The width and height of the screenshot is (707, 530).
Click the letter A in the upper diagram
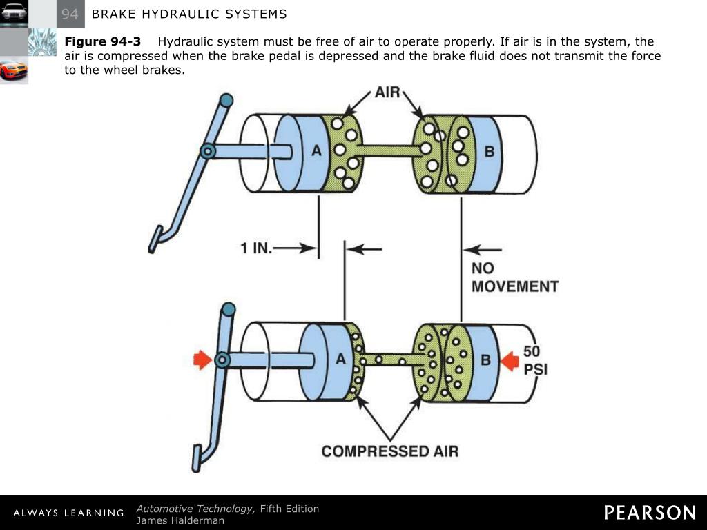click(x=317, y=152)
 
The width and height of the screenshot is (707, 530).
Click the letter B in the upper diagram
click(x=489, y=152)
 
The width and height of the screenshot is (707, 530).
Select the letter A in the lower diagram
click(x=340, y=359)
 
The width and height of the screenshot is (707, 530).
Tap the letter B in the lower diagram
click(x=485, y=360)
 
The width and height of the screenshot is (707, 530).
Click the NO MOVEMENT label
click(x=514, y=277)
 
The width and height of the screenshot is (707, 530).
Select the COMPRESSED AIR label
click(x=390, y=451)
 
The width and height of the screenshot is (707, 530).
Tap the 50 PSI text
click(x=535, y=360)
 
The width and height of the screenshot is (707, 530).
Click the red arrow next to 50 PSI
click(x=510, y=360)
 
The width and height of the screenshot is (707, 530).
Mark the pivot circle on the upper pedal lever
click(x=207, y=151)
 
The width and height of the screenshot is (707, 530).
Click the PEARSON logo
click(x=650, y=513)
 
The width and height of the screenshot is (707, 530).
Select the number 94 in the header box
click(x=70, y=14)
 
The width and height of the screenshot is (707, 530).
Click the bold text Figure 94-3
click(x=102, y=42)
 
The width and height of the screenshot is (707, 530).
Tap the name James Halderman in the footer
click(x=180, y=520)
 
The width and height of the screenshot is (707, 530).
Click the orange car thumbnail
click(x=14, y=70)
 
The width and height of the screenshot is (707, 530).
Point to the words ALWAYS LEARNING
click(x=68, y=513)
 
